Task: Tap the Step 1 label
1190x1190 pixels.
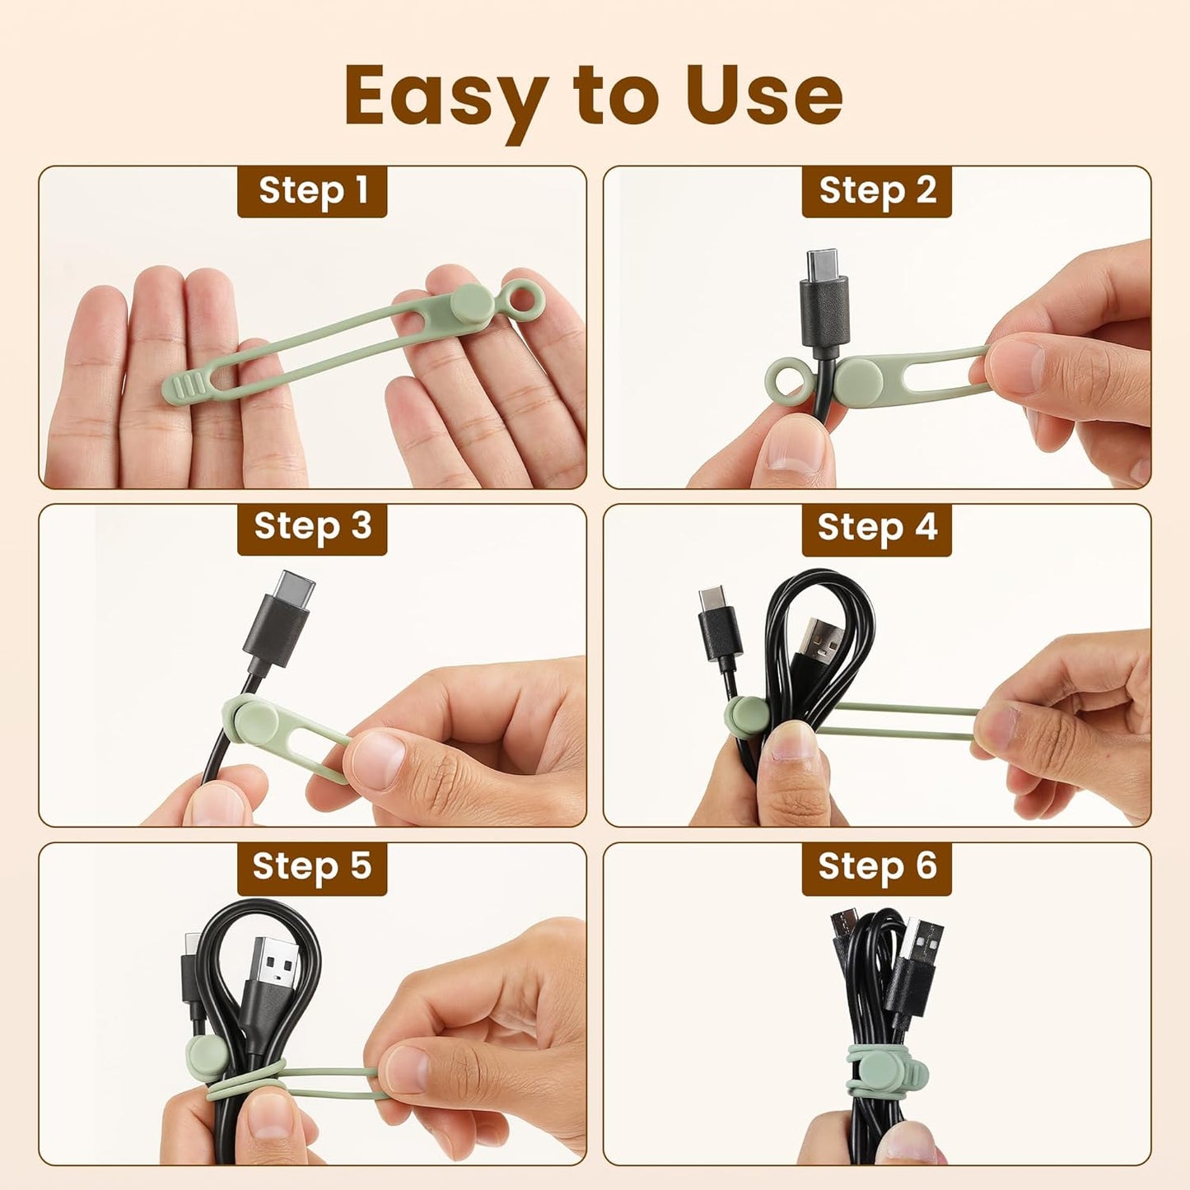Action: [x=312, y=191]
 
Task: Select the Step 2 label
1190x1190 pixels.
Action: [x=877, y=191]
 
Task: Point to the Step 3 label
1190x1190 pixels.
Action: [x=312, y=528]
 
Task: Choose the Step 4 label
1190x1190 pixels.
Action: [x=877, y=528]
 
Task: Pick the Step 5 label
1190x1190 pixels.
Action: [x=312, y=867]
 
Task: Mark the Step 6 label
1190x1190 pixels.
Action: [x=877, y=867]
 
